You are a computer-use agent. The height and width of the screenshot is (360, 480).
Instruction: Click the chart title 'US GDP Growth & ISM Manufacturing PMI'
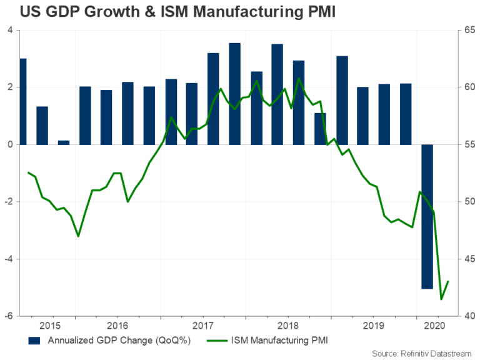(169, 12)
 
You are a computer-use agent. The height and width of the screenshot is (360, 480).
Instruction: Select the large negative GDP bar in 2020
(427, 216)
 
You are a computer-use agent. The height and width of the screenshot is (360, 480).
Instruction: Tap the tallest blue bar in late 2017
(235, 94)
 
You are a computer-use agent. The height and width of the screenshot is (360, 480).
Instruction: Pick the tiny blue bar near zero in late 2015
(64, 142)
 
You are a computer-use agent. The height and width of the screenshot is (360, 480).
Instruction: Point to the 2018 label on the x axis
(288, 325)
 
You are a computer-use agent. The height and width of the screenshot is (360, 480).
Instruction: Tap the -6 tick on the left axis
(9, 316)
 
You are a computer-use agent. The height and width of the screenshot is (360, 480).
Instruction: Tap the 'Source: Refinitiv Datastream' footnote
(423, 354)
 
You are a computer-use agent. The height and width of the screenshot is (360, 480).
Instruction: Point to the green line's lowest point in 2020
(441, 299)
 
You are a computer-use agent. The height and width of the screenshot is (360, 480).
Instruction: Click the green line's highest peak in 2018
(299, 78)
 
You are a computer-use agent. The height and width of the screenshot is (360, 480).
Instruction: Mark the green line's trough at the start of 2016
(78, 236)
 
